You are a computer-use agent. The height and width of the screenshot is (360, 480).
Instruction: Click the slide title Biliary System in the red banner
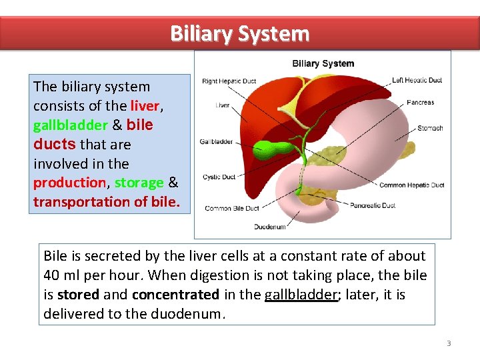tap(239, 33)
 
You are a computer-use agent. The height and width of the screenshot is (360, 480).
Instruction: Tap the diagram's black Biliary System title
tap(323, 64)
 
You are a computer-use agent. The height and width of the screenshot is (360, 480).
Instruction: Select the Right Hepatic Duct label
tap(229, 81)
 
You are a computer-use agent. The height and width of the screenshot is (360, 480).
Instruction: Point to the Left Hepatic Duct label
tap(417, 81)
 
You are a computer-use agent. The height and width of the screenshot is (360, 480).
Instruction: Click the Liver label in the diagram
tap(222, 105)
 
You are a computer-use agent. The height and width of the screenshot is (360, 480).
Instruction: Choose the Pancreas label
tap(420, 103)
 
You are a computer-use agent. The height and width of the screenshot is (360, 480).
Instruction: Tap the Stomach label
tap(430, 128)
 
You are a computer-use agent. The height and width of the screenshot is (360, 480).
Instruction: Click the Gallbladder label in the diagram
tap(216, 141)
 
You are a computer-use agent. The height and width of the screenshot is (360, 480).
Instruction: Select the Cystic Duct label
tap(219, 177)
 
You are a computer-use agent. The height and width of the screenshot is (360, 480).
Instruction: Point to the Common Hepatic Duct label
tap(411, 185)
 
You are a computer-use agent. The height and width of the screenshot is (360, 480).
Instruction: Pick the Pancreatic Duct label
tap(373, 205)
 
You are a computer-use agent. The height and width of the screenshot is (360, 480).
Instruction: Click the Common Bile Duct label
tap(231, 209)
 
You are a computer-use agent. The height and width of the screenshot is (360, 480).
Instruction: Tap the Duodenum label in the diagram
tap(269, 227)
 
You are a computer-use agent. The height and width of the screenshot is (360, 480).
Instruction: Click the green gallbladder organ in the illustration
tap(270, 148)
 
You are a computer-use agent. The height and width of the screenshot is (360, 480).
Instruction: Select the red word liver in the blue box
tap(144, 106)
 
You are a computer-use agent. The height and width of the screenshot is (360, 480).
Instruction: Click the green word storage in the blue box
tap(139, 183)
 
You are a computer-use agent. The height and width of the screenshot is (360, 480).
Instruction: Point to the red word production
tap(69, 183)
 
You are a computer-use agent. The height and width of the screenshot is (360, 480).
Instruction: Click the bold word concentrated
tap(175, 295)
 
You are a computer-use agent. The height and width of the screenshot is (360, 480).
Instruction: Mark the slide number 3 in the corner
tap(449, 343)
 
